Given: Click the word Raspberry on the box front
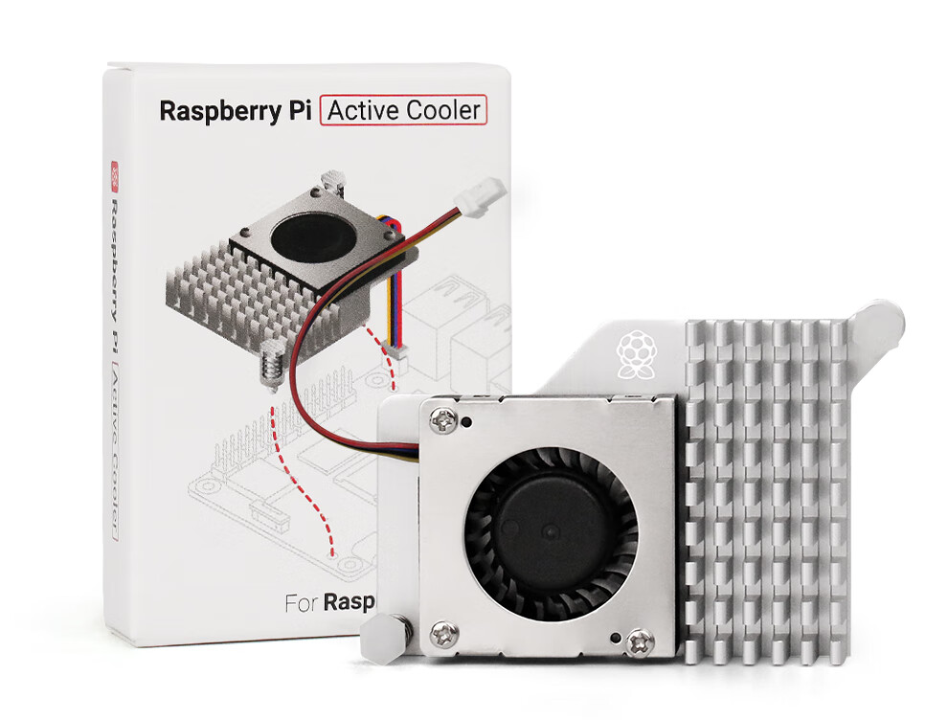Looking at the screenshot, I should [214, 110].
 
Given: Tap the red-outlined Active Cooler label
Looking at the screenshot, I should [404, 110].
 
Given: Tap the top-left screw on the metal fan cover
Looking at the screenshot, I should [443, 417].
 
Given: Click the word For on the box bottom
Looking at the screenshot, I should [302, 604].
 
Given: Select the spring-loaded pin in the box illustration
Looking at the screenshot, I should [271, 363].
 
